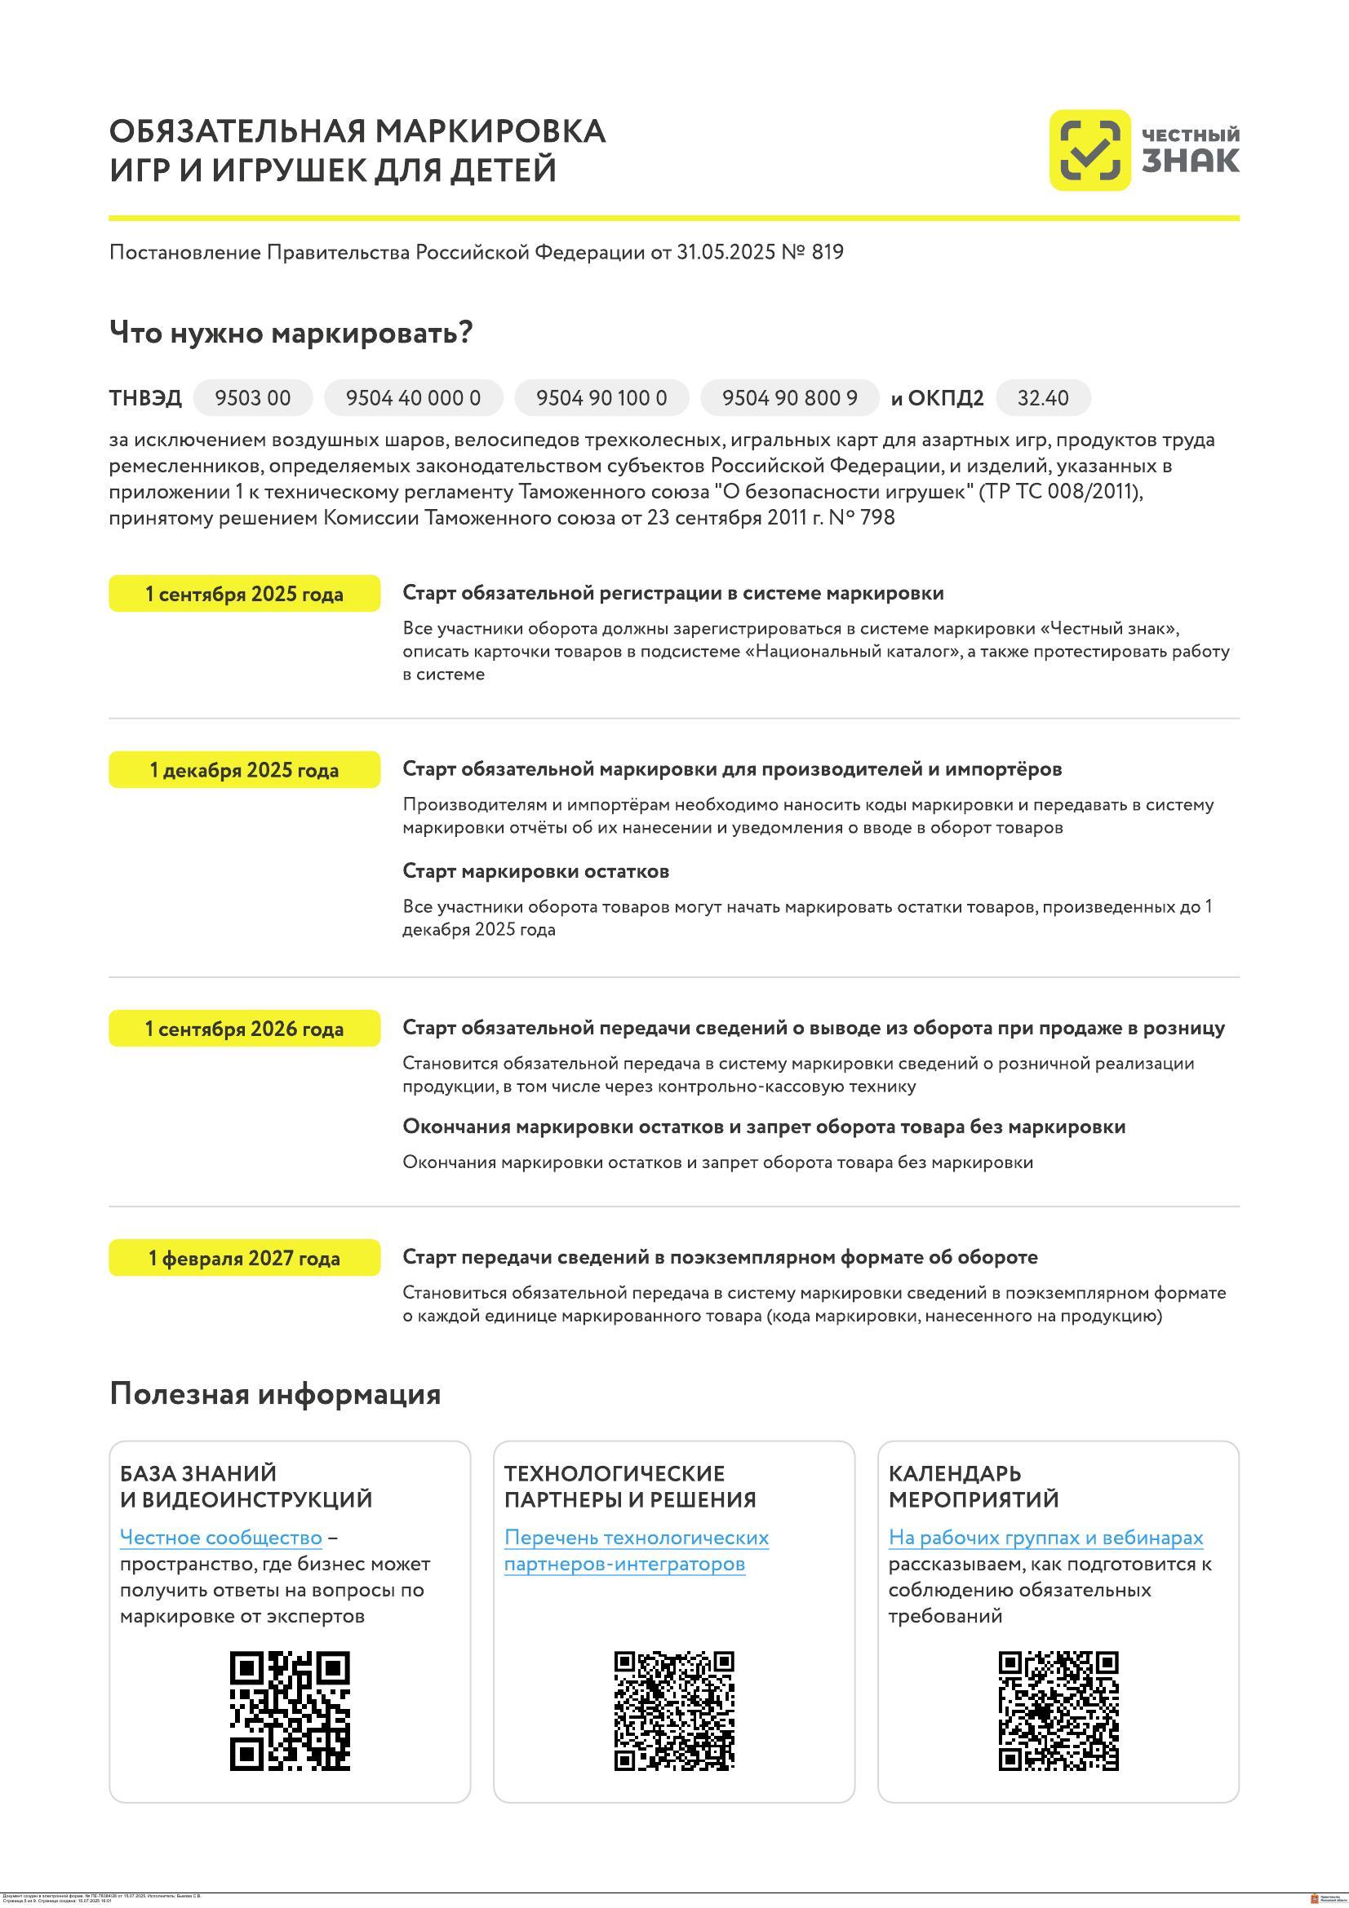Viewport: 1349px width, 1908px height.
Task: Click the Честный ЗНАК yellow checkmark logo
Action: pyautogui.click(x=1089, y=150)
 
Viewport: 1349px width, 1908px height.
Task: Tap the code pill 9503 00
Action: pyautogui.click(x=253, y=398)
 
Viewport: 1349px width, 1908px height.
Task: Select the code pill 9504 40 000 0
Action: pyautogui.click(x=413, y=398)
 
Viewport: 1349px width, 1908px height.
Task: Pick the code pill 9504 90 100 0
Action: pyautogui.click(x=601, y=398)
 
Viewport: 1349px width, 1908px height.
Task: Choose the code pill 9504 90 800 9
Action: pyautogui.click(x=789, y=398)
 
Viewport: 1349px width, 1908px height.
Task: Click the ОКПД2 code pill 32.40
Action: pyautogui.click(x=1042, y=398)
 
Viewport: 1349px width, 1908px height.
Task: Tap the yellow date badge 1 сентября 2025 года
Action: pyautogui.click(x=244, y=594)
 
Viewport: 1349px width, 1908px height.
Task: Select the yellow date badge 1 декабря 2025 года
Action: pyautogui.click(x=244, y=770)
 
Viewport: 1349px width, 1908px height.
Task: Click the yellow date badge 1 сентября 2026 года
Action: pyautogui.click(x=244, y=1029)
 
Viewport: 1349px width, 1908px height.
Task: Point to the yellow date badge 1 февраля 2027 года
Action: pyautogui.click(x=244, y=1258)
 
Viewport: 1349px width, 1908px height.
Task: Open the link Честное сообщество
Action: pyautogui.click(x=220, y=1538)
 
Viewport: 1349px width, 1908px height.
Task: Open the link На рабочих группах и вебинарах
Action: pyautogui.click(x=1045, y=1538)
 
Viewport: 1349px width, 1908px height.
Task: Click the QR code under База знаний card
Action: pyautogui.click(x=289, y=1711)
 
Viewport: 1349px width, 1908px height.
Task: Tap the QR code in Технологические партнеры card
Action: pyautogui.click(x=674, y=1711)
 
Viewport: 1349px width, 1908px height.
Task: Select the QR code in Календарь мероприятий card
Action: pyautogui.click(x=1058, y=1711)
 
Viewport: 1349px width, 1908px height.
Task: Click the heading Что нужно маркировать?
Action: pyautogui.click(x=291, y=334)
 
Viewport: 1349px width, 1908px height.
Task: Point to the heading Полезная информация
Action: pyautogui.click(x=274, y=1393)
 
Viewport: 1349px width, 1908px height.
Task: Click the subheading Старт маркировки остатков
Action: pyautogui.click(x=535, y=871)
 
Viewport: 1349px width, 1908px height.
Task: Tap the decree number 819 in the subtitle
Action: pyautogui.click(x=827, y=252)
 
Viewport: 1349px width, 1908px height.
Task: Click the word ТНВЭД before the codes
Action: pyautogui.click(x=145, y=398)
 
